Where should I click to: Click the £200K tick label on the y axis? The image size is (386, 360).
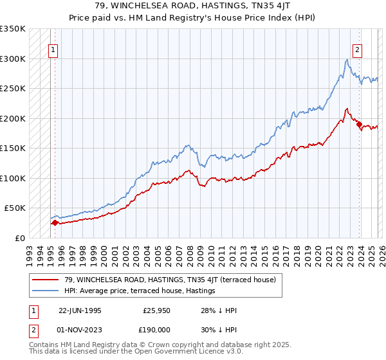[13, 118]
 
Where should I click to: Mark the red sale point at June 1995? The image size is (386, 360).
[55, 223]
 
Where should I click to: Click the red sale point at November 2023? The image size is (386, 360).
[359, 124]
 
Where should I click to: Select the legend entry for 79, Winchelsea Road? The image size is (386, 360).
[170, 280]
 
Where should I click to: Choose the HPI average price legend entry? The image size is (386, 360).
[140, 291]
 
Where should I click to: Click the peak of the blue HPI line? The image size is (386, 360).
[347, 60]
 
